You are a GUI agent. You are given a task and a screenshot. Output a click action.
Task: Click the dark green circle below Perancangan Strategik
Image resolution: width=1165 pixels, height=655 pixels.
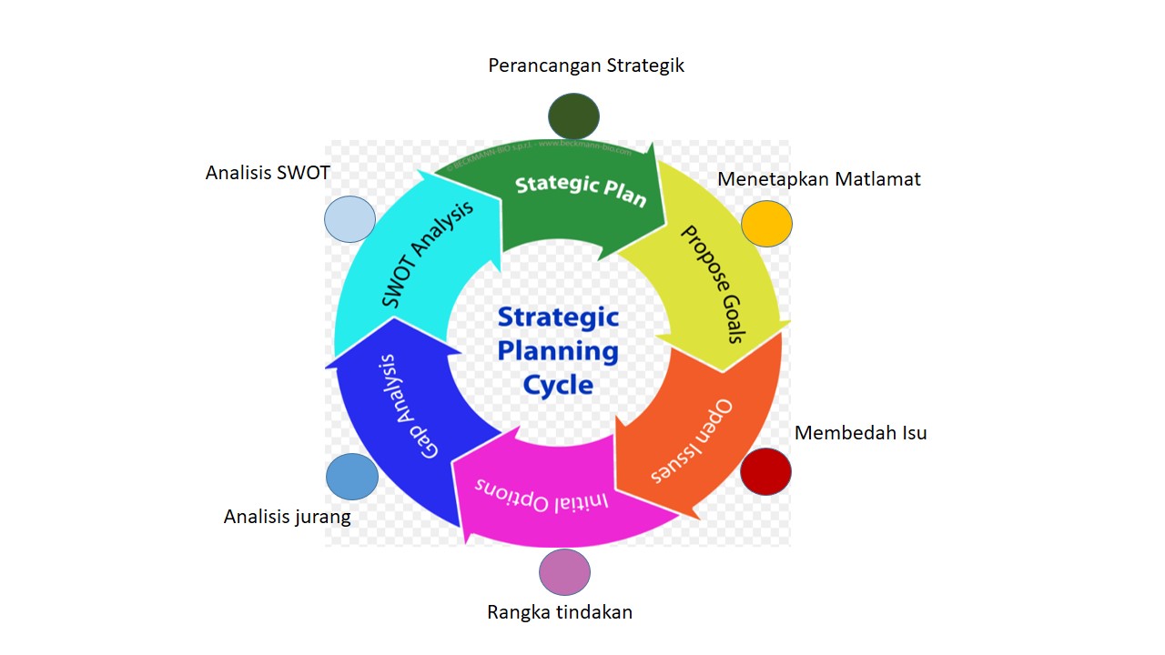point(573,116)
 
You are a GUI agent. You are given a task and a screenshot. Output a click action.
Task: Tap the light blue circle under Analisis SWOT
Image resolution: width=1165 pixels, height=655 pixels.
point(350,219)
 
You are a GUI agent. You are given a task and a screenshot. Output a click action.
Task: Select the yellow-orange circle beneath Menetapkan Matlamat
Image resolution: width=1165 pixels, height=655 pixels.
point(766,224)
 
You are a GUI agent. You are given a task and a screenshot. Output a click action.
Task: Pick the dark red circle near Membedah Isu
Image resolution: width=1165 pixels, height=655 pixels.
point(765,471)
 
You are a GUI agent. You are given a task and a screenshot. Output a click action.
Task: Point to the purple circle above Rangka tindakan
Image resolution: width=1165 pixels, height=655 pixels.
point(564,572)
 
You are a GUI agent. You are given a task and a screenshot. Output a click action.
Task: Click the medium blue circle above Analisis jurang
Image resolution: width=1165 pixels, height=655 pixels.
point(352,477)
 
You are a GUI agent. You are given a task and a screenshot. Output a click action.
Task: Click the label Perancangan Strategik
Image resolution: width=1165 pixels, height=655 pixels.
point(586,65)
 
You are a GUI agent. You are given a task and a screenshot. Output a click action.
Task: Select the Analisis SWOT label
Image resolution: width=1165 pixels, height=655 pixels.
point(268,173)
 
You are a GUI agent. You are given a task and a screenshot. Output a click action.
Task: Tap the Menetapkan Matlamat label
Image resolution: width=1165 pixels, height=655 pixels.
point(818,179)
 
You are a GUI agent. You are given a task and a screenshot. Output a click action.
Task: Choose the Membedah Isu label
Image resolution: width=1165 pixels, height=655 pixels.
point(860,433)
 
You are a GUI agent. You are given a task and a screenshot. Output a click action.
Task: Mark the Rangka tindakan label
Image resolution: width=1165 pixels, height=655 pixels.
point(560,612)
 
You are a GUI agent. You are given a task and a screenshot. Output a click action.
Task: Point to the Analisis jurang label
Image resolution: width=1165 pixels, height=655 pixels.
point(287,517)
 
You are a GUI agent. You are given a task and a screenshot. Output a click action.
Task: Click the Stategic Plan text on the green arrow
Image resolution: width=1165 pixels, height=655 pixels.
point(581,189)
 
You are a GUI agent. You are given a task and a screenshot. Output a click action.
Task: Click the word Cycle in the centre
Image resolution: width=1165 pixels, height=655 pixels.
point(558,384)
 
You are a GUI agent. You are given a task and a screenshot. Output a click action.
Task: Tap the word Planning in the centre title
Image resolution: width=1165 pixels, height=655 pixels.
point(558,350)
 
